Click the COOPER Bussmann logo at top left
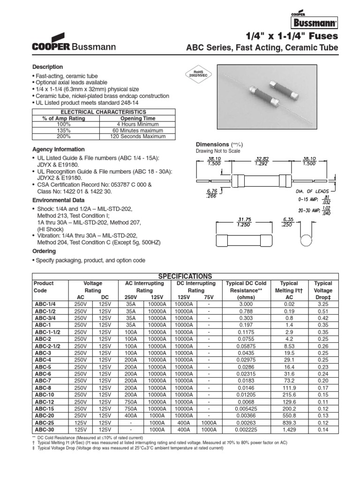[x=74, y=42]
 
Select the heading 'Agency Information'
[x=58, y=150]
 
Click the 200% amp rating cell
[x=64, y=136]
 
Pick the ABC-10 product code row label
[x=45, y=395]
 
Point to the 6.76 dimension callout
[x=212, y=194]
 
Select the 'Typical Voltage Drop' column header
[x=322, y=290]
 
